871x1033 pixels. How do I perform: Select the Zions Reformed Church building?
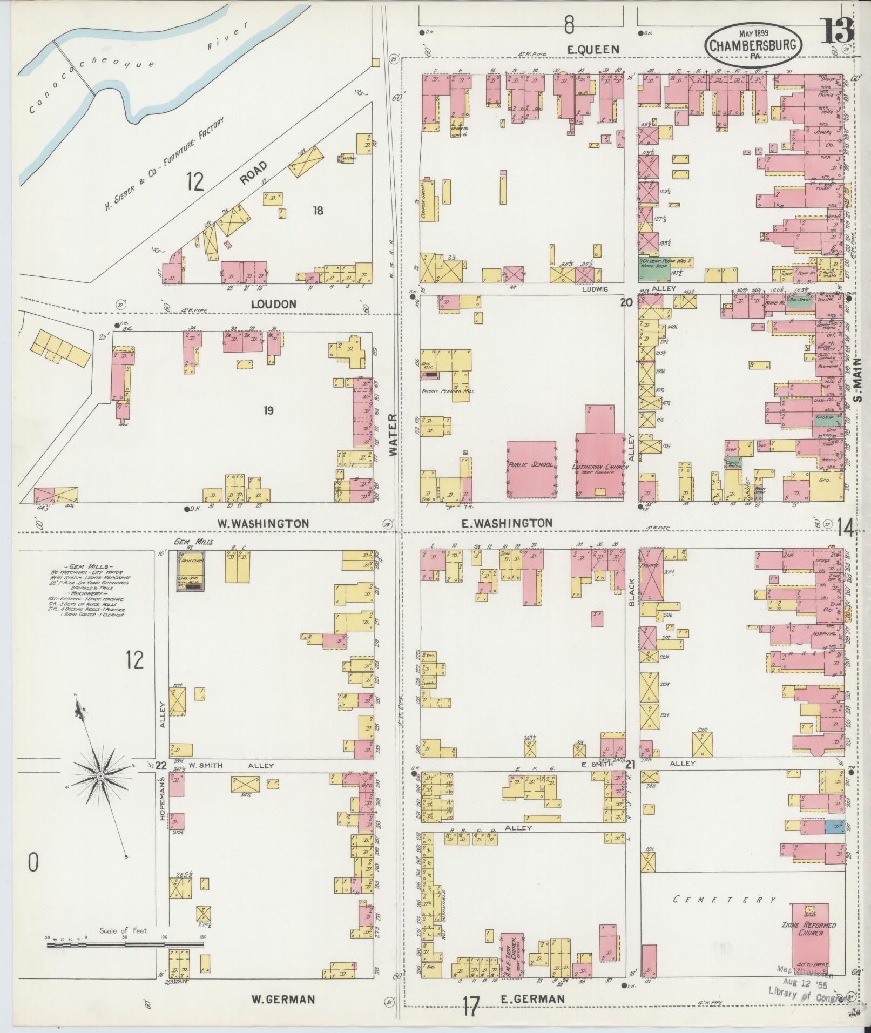coord(810,937)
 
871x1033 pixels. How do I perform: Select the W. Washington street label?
coord(263,523)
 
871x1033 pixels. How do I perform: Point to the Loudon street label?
coord(274,304)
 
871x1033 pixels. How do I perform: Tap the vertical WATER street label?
coord(394,435)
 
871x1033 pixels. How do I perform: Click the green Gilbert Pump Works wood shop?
coord(653,268)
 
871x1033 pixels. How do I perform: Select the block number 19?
coord(268,411)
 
